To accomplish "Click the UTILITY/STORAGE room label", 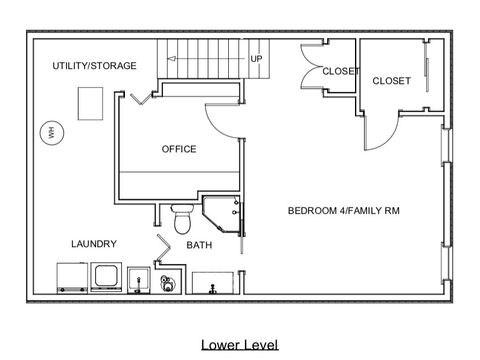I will [95, 66].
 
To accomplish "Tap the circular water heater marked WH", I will [47, 131].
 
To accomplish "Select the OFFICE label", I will [179, 149].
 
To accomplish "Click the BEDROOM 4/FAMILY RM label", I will [343, 211].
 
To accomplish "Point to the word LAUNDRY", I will [94, 243].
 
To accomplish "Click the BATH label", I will [199, 245].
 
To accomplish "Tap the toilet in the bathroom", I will [182, 217].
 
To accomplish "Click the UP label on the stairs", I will [256, 59].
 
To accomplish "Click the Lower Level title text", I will [238, 345].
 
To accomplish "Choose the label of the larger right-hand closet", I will [391, 81].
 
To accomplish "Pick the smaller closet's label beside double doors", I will [341, 71].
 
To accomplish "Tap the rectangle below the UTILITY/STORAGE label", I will [90, 101].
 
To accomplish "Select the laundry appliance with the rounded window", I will [106, 277].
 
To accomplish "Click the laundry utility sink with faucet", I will [139, 280].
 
